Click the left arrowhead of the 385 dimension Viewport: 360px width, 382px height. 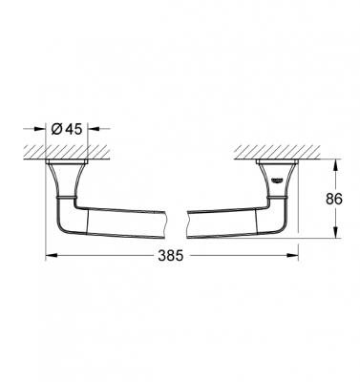point(50,256)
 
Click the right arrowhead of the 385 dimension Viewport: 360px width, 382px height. point(295,256)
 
